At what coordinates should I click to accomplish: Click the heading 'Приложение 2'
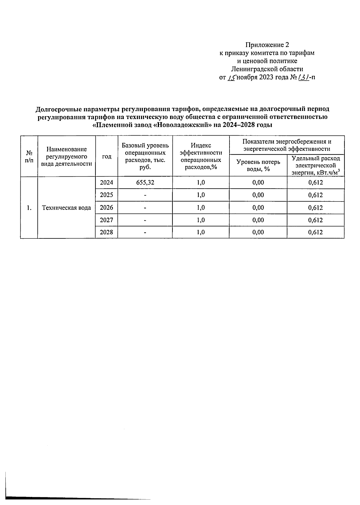(267, 45)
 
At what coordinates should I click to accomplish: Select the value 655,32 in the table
(145, 182)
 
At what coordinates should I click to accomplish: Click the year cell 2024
(106, 182)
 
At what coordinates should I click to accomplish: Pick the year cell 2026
(106, 208)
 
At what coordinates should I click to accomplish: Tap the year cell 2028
(106, 232)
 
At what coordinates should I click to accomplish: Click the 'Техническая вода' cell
(66, 208)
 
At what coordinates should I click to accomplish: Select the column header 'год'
(106, 156)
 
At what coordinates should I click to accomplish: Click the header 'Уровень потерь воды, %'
(258, 165)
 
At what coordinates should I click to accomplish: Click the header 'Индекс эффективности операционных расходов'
(201, 156)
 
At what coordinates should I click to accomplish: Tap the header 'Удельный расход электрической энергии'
(316, 165)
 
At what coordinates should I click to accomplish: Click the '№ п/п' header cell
(29, 156)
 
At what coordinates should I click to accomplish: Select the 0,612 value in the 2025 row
(316, 195)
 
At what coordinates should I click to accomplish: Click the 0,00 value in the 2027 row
(258, 220)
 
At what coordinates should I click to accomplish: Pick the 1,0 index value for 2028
(201, 232)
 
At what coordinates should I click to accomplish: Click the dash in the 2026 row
(145, 208)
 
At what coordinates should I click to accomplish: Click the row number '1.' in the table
(29, 208)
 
